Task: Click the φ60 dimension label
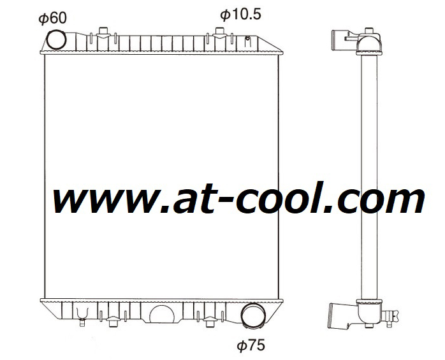(53, 18)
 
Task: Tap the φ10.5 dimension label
(240, 14)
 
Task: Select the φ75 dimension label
(251, 345)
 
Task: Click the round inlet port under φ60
(57, 39)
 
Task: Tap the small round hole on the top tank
(247, 38)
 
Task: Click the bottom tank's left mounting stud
(112, 322)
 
